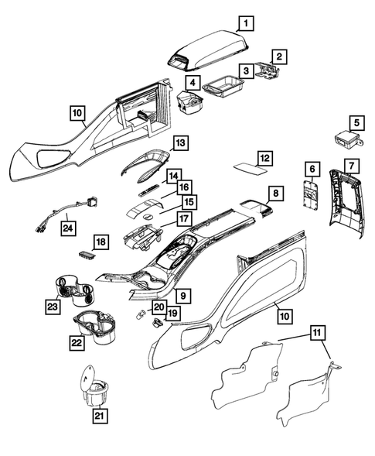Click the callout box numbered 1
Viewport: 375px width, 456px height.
[244, 22]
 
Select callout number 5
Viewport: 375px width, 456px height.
[356, 122]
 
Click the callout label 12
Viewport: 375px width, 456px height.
[265, 158]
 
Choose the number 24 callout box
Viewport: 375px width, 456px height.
[69, 228]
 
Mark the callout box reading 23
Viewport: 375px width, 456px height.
[53, 307]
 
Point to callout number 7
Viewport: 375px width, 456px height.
[350, 166]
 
